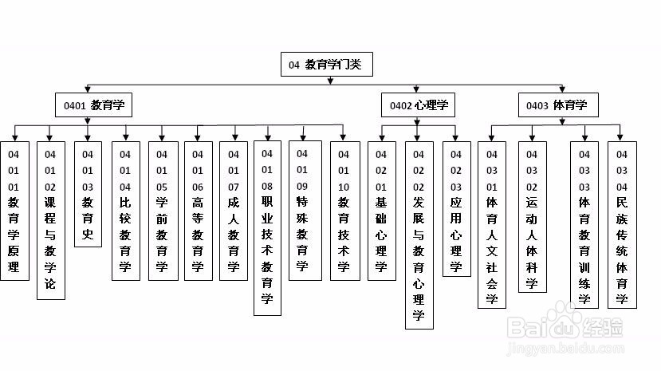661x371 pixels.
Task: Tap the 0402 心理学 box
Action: point(418,105)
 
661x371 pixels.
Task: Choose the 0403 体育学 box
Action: point(561,105)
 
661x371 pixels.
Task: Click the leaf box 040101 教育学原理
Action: point(14,211)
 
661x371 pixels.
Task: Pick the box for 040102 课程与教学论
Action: point(50,220)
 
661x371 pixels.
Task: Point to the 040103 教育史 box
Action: point(88,194)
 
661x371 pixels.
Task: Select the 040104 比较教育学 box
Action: point(125,211)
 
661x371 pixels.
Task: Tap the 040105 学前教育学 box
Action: point(163,211)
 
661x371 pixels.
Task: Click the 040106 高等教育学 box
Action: point(199,211)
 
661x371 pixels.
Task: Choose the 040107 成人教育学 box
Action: point(234,211)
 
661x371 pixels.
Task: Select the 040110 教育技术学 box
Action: point(344,211)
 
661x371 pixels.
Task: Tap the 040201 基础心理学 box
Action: point(381,211)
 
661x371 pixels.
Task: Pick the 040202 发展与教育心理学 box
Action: point(419,235)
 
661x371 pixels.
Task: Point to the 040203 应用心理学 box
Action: point(456,207)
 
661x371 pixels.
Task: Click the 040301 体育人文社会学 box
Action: point(492,224)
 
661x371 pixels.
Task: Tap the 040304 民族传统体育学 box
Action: point(622,224)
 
